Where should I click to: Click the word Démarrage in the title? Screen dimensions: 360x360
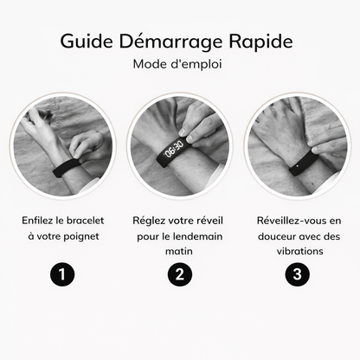click(x=171, y=42)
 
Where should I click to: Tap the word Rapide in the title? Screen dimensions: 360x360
click(x=263, y=42)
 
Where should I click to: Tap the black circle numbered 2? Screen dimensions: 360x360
click(x=179, y=275)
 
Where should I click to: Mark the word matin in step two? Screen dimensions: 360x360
click(x=179, y=252)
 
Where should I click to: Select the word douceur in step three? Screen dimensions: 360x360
click(x=269, y=235)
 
